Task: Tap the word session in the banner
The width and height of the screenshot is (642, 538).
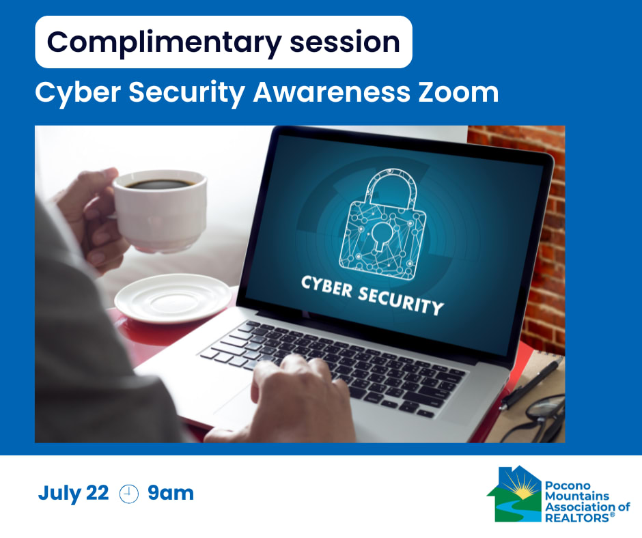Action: point(345,42)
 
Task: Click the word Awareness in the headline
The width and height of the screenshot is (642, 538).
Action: point(332,92)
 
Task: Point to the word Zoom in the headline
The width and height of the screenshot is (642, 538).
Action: point(458,92)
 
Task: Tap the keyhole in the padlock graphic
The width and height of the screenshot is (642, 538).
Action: point(382,235)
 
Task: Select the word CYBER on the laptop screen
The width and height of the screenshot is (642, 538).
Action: point(326,286)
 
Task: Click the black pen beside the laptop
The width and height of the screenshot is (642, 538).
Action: point(532,384)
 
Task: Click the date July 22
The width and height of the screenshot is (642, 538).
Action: point(73,494)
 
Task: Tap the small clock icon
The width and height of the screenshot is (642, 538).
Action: point(128,494)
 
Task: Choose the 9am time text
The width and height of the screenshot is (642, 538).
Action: point(171,493)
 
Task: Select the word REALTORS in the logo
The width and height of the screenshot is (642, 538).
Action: point(577,518)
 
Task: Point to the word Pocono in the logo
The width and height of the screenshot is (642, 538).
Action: point(568,485)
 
